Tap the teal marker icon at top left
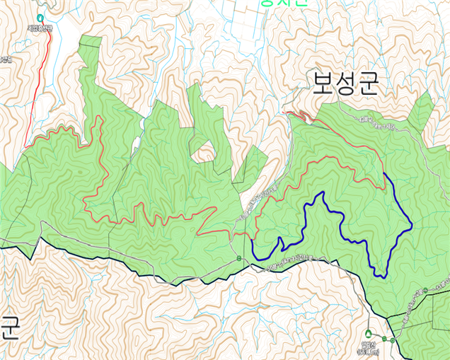point(40,17)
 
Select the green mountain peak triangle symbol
point(368,334)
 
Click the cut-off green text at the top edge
point(283,3)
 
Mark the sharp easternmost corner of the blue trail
point(412,228)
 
